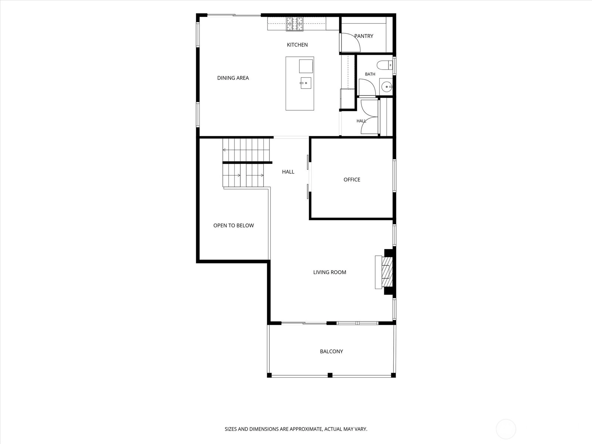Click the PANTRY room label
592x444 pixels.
364,36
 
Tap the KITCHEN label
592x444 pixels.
297,45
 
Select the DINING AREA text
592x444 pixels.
233,78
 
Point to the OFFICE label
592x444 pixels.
352,179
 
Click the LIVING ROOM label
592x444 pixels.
330,272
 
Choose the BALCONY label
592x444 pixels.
332,351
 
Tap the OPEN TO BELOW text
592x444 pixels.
233,225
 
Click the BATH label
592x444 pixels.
370,74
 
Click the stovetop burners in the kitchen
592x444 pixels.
295,24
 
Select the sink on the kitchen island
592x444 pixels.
306,83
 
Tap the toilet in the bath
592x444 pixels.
384,65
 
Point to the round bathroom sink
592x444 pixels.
387,87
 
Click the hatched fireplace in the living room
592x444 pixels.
387,272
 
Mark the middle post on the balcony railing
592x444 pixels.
330,375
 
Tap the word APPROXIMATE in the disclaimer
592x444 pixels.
306,429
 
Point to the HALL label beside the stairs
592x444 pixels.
288,172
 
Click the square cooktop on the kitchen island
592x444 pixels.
306,66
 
